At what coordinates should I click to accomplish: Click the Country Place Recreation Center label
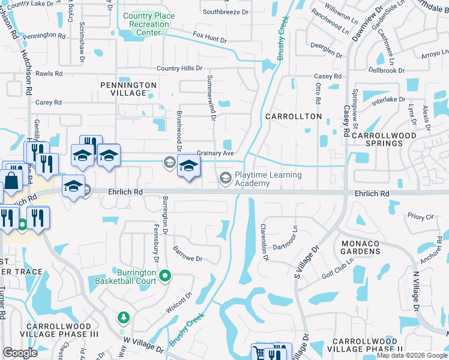pyautogui.click(x=148, y=24)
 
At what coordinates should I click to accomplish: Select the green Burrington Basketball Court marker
pyautogui.click(x=166, y=277)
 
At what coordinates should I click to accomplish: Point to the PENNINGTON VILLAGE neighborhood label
pyautogui.click(x=128, y=89)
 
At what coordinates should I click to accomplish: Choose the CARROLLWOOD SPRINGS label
pyautogui.click(x=384, y=140)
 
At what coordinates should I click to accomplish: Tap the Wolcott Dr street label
pyautogui.click(x=178, y=304)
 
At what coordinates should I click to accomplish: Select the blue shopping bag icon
pyautogui.click(x=11, y=181)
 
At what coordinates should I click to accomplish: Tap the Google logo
pyautogui.click(x=20, y=353)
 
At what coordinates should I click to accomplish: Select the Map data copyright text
pyautogui.click(x=411, y=356)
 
